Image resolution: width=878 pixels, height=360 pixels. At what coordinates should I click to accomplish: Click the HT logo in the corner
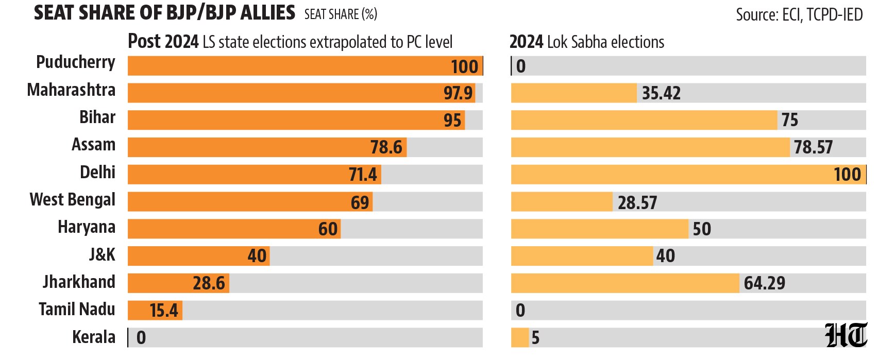click(846, 335)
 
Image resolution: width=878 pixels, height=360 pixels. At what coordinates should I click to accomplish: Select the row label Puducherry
click(76, 63)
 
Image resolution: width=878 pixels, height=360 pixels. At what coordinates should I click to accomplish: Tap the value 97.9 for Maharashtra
click(458, 93)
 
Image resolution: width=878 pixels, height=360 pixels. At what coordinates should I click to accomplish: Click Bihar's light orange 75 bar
click(644, 120)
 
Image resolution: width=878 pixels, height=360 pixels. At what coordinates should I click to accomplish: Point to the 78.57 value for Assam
click(813, 147)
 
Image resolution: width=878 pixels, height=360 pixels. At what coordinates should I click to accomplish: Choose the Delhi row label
click(97, 173)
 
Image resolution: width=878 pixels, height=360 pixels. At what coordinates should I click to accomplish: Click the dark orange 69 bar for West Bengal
click(250, 202)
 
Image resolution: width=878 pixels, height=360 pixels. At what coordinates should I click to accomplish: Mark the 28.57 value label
click(637, 202)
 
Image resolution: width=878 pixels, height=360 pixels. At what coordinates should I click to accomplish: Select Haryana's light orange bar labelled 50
click(600, 229)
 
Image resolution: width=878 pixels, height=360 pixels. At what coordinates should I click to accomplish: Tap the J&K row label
click(102, 254)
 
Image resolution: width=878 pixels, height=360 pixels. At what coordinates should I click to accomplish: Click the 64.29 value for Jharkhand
click(764, 283)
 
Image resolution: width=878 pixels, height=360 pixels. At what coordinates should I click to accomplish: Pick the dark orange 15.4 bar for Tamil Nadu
click(155, 310)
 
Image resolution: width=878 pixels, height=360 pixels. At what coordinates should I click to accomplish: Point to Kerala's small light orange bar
click(520, 338)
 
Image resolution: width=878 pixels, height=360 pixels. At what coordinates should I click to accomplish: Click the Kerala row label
click(94, 337)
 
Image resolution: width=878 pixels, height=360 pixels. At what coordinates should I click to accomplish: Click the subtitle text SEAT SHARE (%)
click(341, 14)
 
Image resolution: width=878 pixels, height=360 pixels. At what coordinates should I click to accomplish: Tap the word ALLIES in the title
click(268, 12)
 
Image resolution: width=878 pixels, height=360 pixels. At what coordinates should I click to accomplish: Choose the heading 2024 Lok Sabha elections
click(587, 42)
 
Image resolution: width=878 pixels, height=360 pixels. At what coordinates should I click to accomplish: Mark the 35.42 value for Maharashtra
click(661, 93)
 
